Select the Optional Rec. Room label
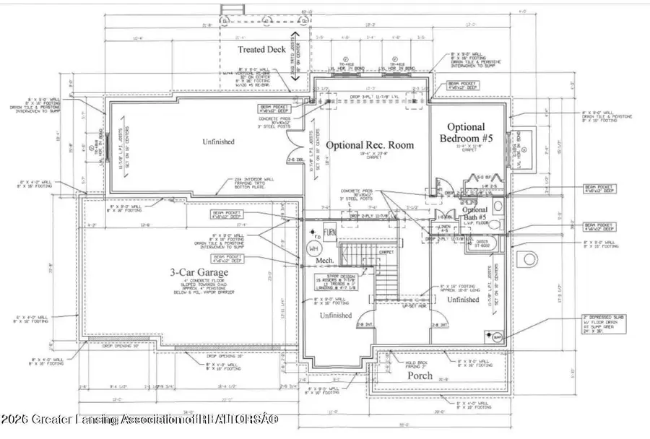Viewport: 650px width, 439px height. [x=370, y=145]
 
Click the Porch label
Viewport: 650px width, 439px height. [x=420, y=376]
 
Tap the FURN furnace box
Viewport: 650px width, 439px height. [x=329, y=233]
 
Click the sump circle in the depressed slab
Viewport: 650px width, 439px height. [x=498, y=336]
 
